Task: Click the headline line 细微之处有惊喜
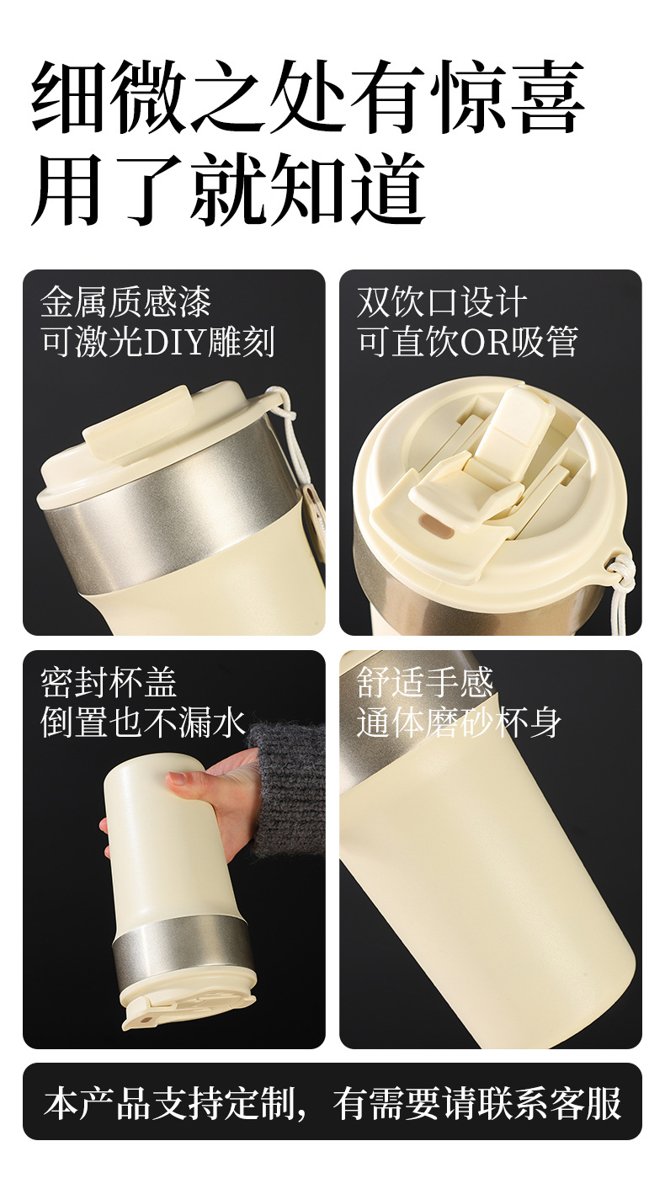(308, 97)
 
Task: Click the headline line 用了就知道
(229, 189)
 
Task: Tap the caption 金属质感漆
(125, 302)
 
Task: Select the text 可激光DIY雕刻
(158, 342)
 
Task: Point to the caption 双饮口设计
(442, 302)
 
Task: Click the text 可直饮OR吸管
(467, 342)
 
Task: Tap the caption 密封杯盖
(109, 683)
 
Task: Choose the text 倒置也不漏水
(143, 722)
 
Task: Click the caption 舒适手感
(425, 683)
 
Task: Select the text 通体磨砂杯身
(459, 722)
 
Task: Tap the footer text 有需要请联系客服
(477, 1104)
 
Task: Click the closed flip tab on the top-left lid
(137, 422)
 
